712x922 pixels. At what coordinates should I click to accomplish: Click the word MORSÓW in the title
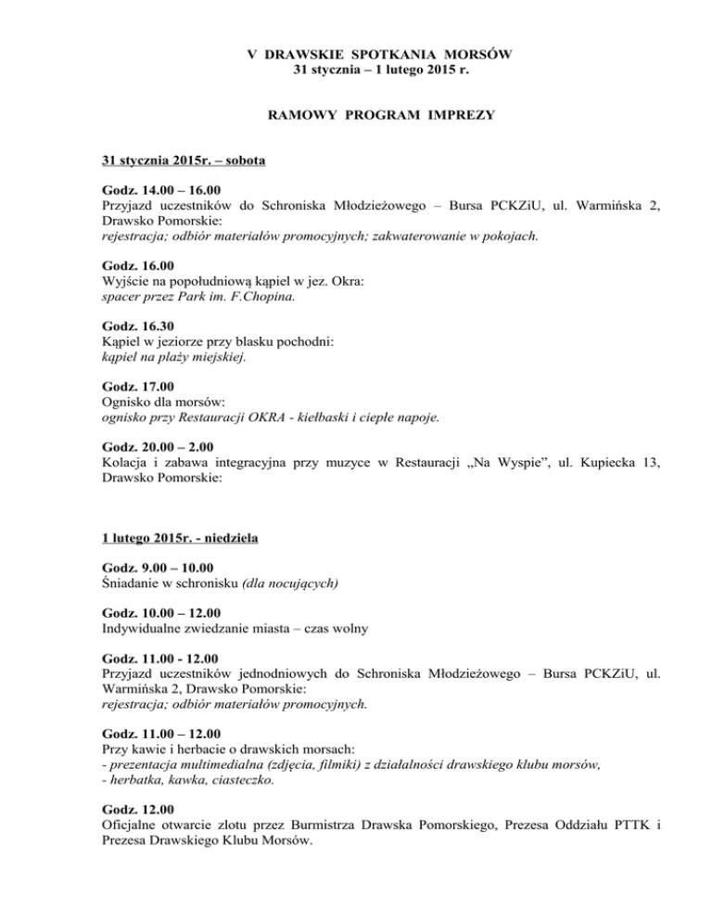[x=468, y=54]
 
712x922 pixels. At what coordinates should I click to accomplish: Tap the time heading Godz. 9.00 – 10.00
[x=159, y=568]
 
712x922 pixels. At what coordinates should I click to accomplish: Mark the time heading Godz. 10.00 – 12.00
[x=162, y=613]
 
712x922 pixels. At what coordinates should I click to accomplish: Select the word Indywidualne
[x=141, y=629]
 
